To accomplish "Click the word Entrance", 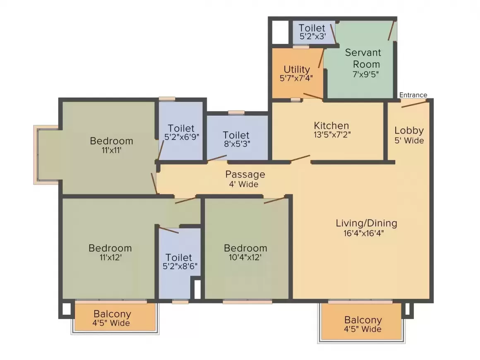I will click(x=413, y=95).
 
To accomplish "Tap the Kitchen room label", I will click(x=331, y=125).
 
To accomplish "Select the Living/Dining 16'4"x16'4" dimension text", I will click(x=366, y=233).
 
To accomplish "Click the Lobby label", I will click(x=409, y=130).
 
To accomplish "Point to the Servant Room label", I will click(x=363, y=58).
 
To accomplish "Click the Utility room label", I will click(x=297, y=69).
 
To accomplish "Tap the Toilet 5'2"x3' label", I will click(x=312, y=28).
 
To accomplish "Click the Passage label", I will click(x=245, y=174).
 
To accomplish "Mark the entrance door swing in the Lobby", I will click(x=414, y=103).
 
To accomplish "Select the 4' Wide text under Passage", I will click(x=243, y=184).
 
